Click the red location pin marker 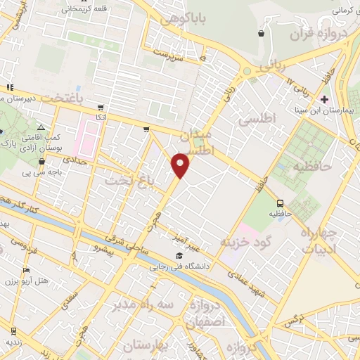pyautogui.click(x=181, y=165)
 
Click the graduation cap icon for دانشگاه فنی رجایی pyautogui.click(x=179, y=256)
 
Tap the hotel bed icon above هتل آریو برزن pyautogui.click(x=27, y=271)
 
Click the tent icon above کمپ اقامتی pyautogui.click(x=41, y=127)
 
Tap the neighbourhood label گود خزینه pyautogui.click(x=250, y=240)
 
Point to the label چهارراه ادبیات pyautogui.click(x=323, y=240)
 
